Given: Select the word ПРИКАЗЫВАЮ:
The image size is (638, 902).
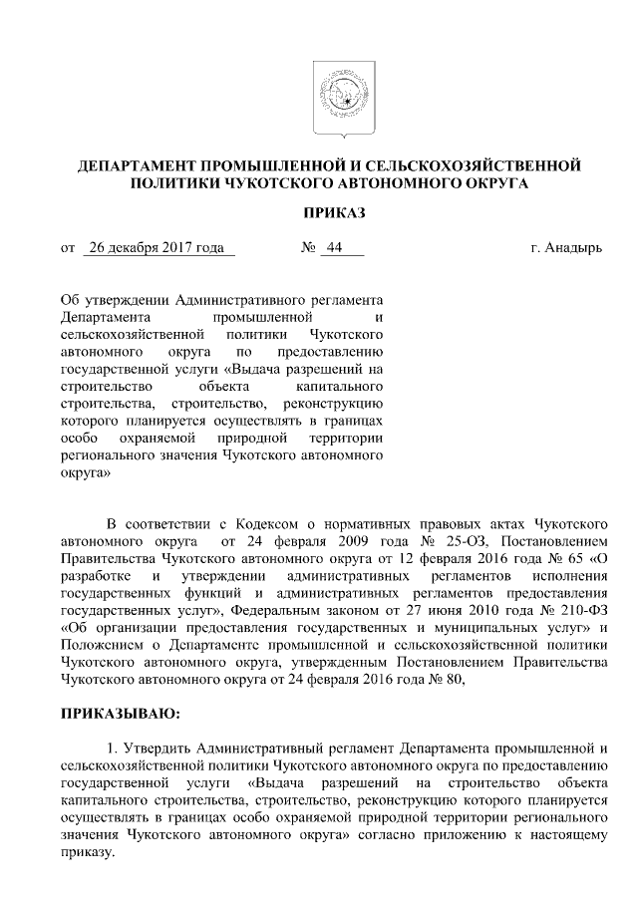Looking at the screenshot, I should (x=121, y=714).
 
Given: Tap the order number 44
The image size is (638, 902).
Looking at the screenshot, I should (x=333, y=248).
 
